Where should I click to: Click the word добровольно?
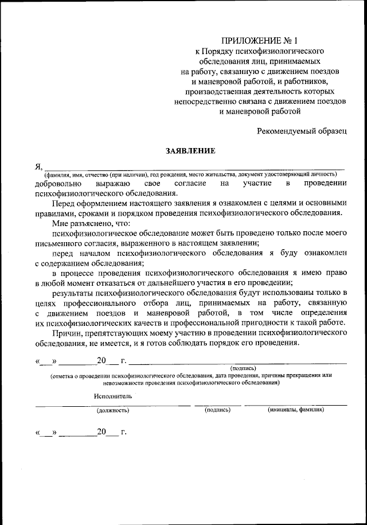pos(56,183)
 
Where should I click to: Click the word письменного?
pos(60,243)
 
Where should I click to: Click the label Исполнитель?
pos(114,396)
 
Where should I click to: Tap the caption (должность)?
pos(113,410)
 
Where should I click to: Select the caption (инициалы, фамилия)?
pos(296,410)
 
